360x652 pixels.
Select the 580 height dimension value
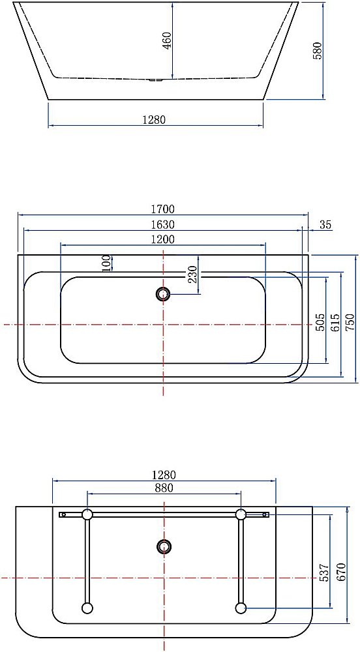tap(318, 51)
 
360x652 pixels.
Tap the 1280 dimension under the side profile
tap(155, 119)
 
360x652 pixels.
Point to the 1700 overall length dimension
tap(163, 209)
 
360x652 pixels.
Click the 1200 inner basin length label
tap(163, 239)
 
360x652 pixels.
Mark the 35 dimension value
tap(325, 225)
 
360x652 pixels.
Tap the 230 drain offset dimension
tap(193, 275)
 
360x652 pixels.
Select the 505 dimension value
tap(320, 322)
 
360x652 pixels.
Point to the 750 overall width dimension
tap(351, 322)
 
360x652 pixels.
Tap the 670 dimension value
tap(340, 571)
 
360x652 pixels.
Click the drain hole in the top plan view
tap(163, 294)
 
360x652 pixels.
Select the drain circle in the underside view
tap(164, 546)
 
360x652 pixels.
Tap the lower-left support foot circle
tap(87, 608)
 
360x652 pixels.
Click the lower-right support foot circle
tap(241, 608)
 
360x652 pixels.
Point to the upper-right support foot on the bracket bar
tap(241, 514)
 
